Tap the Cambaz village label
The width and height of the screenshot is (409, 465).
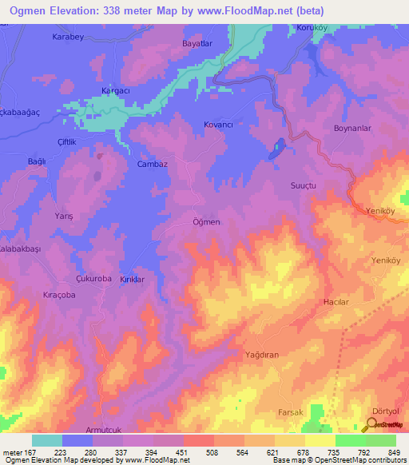pos(152,164)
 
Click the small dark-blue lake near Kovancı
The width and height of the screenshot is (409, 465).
pos(277,149)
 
